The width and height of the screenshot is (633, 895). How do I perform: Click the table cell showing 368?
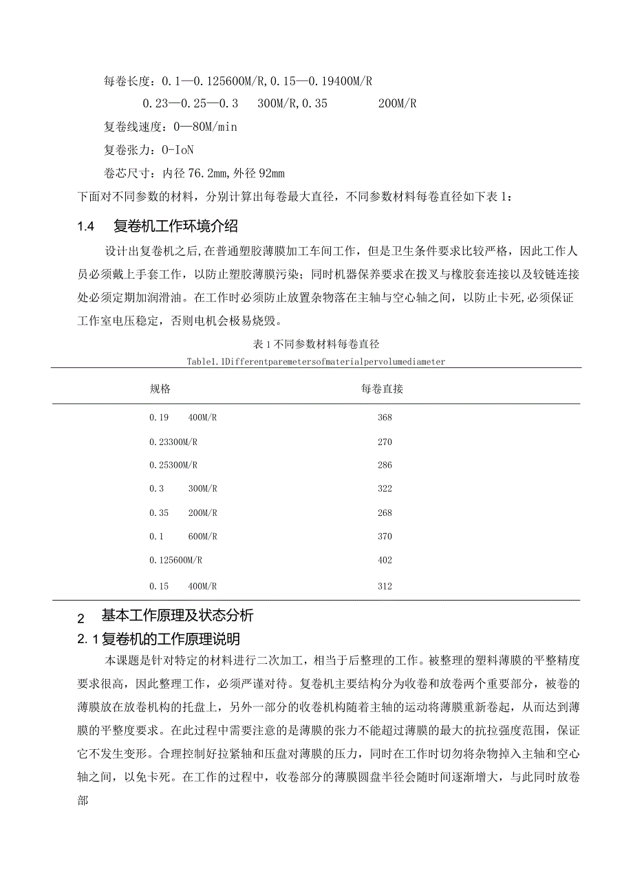[385, 418]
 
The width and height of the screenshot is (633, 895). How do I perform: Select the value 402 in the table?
[385, 560]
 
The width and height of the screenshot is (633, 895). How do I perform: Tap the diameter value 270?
[385, 442]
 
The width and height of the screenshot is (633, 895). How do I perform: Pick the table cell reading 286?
[385, 465]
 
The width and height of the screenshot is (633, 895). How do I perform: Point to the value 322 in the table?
[385, 488]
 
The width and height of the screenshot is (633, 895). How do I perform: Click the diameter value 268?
[385, 513]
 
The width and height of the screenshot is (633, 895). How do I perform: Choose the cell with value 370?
[385, 537]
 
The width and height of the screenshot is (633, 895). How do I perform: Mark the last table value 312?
[385, 586]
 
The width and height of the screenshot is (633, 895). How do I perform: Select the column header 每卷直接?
[382, 389]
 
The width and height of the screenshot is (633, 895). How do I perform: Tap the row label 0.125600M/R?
[175, 560]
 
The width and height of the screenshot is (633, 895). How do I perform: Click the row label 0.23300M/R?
[173, 442]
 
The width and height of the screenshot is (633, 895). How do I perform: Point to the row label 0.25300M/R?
[173, 465]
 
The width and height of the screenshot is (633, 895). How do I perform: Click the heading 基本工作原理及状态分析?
[178, 615]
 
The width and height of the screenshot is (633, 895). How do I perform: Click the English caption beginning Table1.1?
[316, 361]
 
